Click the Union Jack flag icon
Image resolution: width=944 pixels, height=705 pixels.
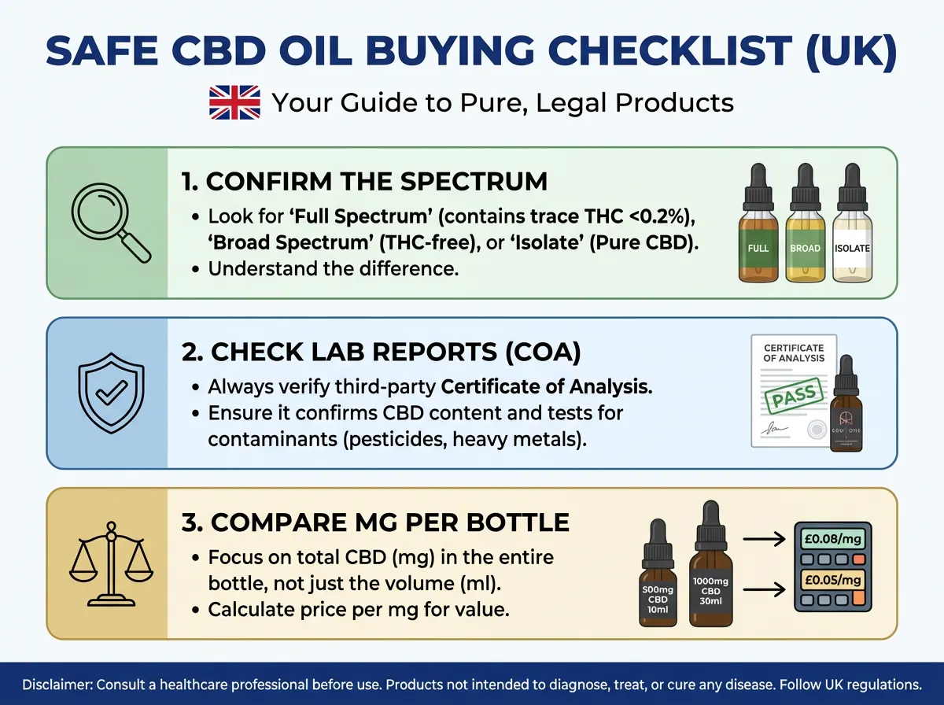[234, 103]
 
